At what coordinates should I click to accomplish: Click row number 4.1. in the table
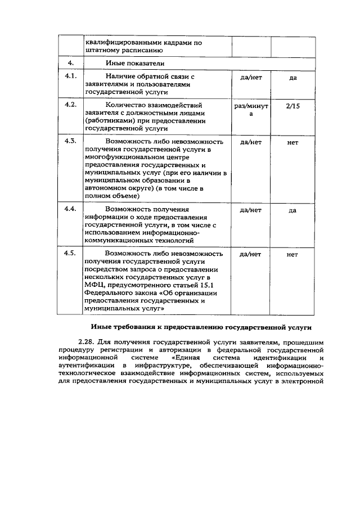tap(71, 76)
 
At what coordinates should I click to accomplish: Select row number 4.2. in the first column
tap(71, 105)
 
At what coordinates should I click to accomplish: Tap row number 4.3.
tap(71, 141)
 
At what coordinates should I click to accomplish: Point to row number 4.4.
tap(71, 209)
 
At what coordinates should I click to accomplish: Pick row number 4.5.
tap(71, 253)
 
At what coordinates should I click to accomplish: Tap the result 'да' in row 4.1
tap(292, 77)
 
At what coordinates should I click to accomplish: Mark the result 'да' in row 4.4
tap(292, 210)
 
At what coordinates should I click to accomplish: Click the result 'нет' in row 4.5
tap(292, 254)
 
